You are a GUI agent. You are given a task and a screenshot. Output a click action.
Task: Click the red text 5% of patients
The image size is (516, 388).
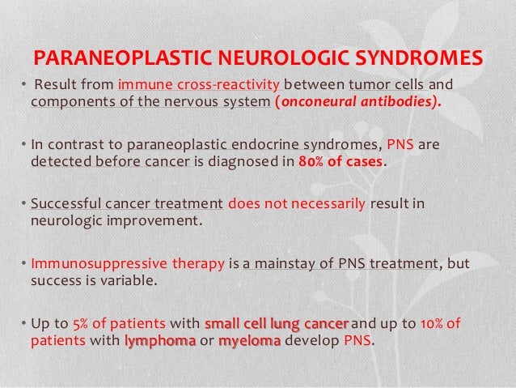(117, 325)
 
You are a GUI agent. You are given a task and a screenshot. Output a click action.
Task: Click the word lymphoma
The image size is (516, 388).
(161, 341)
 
